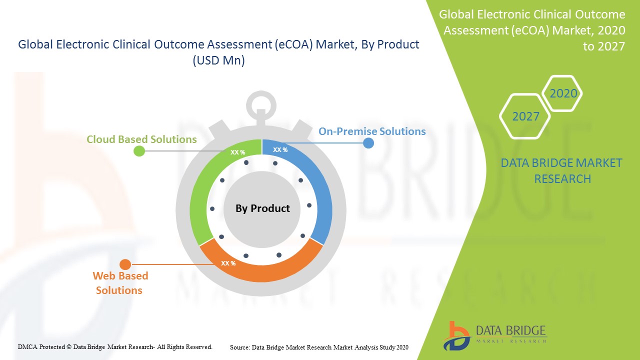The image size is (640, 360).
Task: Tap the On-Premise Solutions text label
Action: tap(372, 131)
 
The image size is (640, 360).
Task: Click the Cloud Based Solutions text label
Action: tap(141, 139)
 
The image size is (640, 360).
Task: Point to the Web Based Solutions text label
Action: tap(120, 283)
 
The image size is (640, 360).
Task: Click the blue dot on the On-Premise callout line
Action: tap(368, 143)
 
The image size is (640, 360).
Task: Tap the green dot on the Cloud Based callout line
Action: tap(139, 151)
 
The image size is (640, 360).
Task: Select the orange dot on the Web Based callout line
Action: tap(125, 264)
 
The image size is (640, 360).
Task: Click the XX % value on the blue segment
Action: tap(280, 149)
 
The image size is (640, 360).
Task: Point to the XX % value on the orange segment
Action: tap(228, 263)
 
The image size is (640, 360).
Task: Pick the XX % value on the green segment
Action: tap(237, 152)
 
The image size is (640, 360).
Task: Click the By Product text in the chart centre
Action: tap(262, 208)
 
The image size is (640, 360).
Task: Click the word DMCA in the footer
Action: tap(27, 347)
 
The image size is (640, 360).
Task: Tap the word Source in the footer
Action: tap(240, 347)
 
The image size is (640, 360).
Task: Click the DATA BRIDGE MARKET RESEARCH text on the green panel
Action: tap(561, 171)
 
